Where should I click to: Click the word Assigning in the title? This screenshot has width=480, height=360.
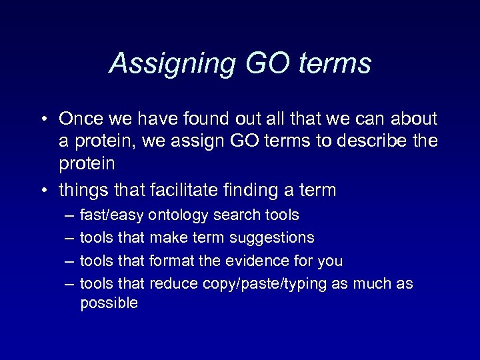tap(172, 63)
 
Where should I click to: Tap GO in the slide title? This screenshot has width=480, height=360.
tap(267, 63)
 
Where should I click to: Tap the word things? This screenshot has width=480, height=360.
tap(85, 191)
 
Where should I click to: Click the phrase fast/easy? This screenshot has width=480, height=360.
tap(111, 215)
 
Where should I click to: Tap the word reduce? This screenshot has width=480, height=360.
tap(174, 284)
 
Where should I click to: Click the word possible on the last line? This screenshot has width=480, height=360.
tap(109, 303)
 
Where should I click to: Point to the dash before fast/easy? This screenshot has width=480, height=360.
tap(69, 215)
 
